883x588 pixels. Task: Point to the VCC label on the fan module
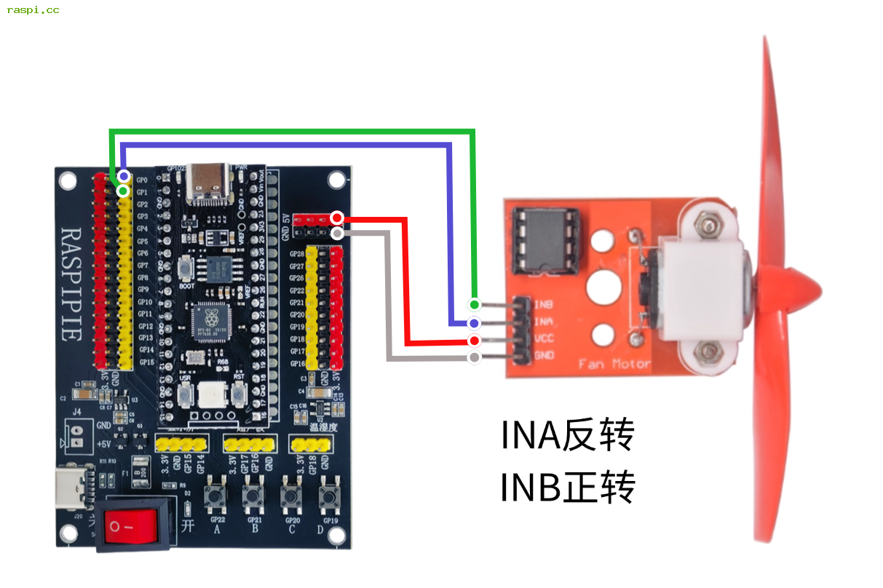(544, 338)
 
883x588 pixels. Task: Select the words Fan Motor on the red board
(614, 364)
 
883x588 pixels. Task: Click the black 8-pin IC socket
(546, 239)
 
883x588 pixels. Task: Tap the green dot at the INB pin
(475, 304)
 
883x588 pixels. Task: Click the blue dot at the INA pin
(475, 322)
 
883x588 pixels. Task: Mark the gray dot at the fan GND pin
(475, 357)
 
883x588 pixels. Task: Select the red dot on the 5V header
(337, 218)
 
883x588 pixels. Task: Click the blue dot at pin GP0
(124, 177)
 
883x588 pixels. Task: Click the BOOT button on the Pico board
(187, 269)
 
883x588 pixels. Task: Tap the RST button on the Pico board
(237, 395)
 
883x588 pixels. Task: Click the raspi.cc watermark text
(33, 10)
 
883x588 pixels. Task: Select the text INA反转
(567, 435)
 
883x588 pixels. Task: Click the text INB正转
(567, 487)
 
